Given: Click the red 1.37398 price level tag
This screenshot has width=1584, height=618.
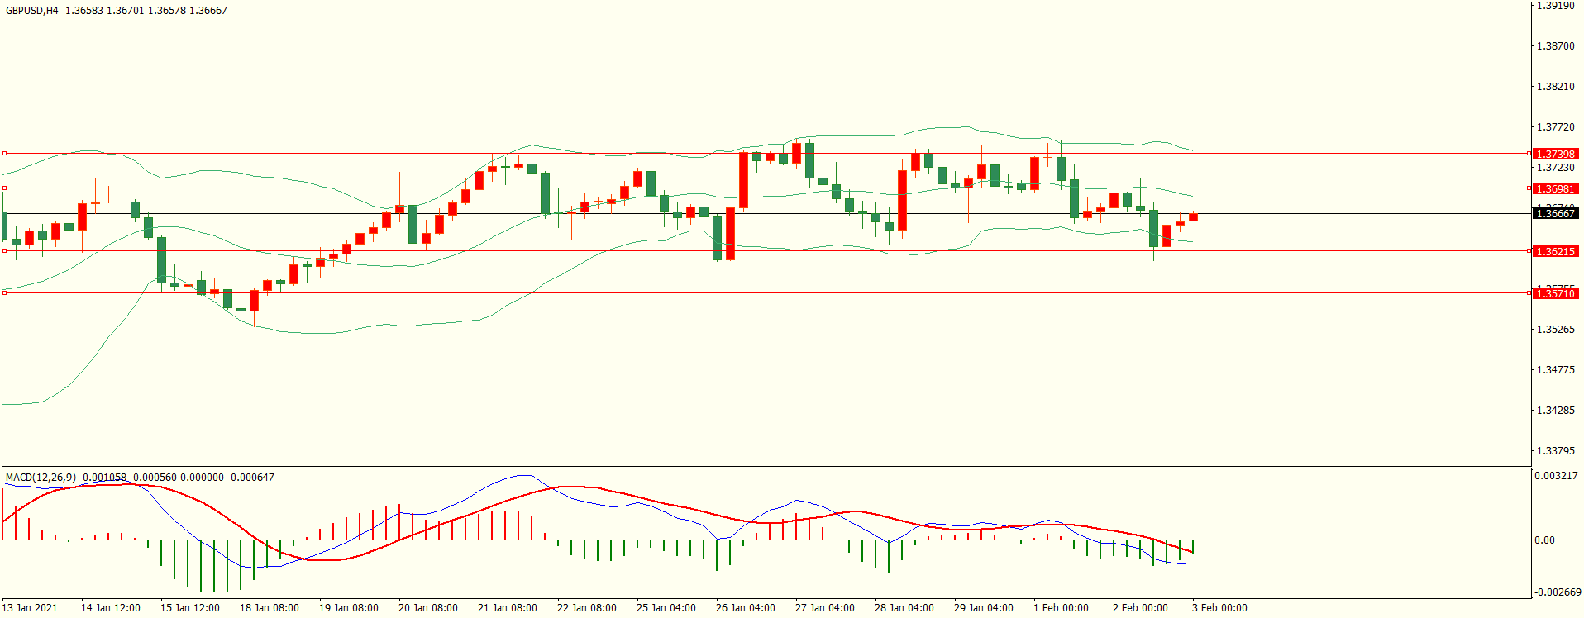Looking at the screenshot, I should (x=1555, y=154).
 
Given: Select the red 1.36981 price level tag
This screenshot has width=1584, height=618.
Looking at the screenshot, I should (x=1555, y=188).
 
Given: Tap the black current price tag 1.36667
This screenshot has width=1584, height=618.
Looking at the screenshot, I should (x=1555, y=213).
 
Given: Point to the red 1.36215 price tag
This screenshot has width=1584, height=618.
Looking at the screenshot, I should (x=1555, y=251).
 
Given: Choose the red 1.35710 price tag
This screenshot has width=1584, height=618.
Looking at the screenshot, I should (x=1555, y=293).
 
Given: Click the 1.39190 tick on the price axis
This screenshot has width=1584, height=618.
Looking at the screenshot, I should (x=1555, y=6).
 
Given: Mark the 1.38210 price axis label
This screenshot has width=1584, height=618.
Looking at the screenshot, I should (x=1555, y=87).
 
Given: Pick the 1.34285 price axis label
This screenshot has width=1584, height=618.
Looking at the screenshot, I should (x=1555, y=411).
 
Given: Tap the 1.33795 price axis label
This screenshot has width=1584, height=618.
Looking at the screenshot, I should (x=1555, y=451).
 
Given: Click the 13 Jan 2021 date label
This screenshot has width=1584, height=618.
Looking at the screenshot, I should (x=31, y=608).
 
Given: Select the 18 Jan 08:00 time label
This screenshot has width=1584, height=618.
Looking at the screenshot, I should (x=270, y=608).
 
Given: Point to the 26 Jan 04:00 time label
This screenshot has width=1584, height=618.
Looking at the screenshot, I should (x=746, y=608).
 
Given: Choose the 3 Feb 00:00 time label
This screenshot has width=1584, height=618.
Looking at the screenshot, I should (x=1219, y=608).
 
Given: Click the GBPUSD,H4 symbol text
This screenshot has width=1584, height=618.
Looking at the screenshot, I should (x=32, y=11).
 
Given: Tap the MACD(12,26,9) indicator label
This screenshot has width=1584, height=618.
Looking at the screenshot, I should (x=41, y=478).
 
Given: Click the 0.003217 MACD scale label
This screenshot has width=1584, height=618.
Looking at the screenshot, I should (x=1556, y=476).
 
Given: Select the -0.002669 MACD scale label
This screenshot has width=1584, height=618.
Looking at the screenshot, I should (x=1558, y=592).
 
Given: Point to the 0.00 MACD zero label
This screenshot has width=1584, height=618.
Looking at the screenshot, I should (x=1544, y=540).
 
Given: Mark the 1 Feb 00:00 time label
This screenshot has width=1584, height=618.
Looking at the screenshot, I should (x=1061, y=608).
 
